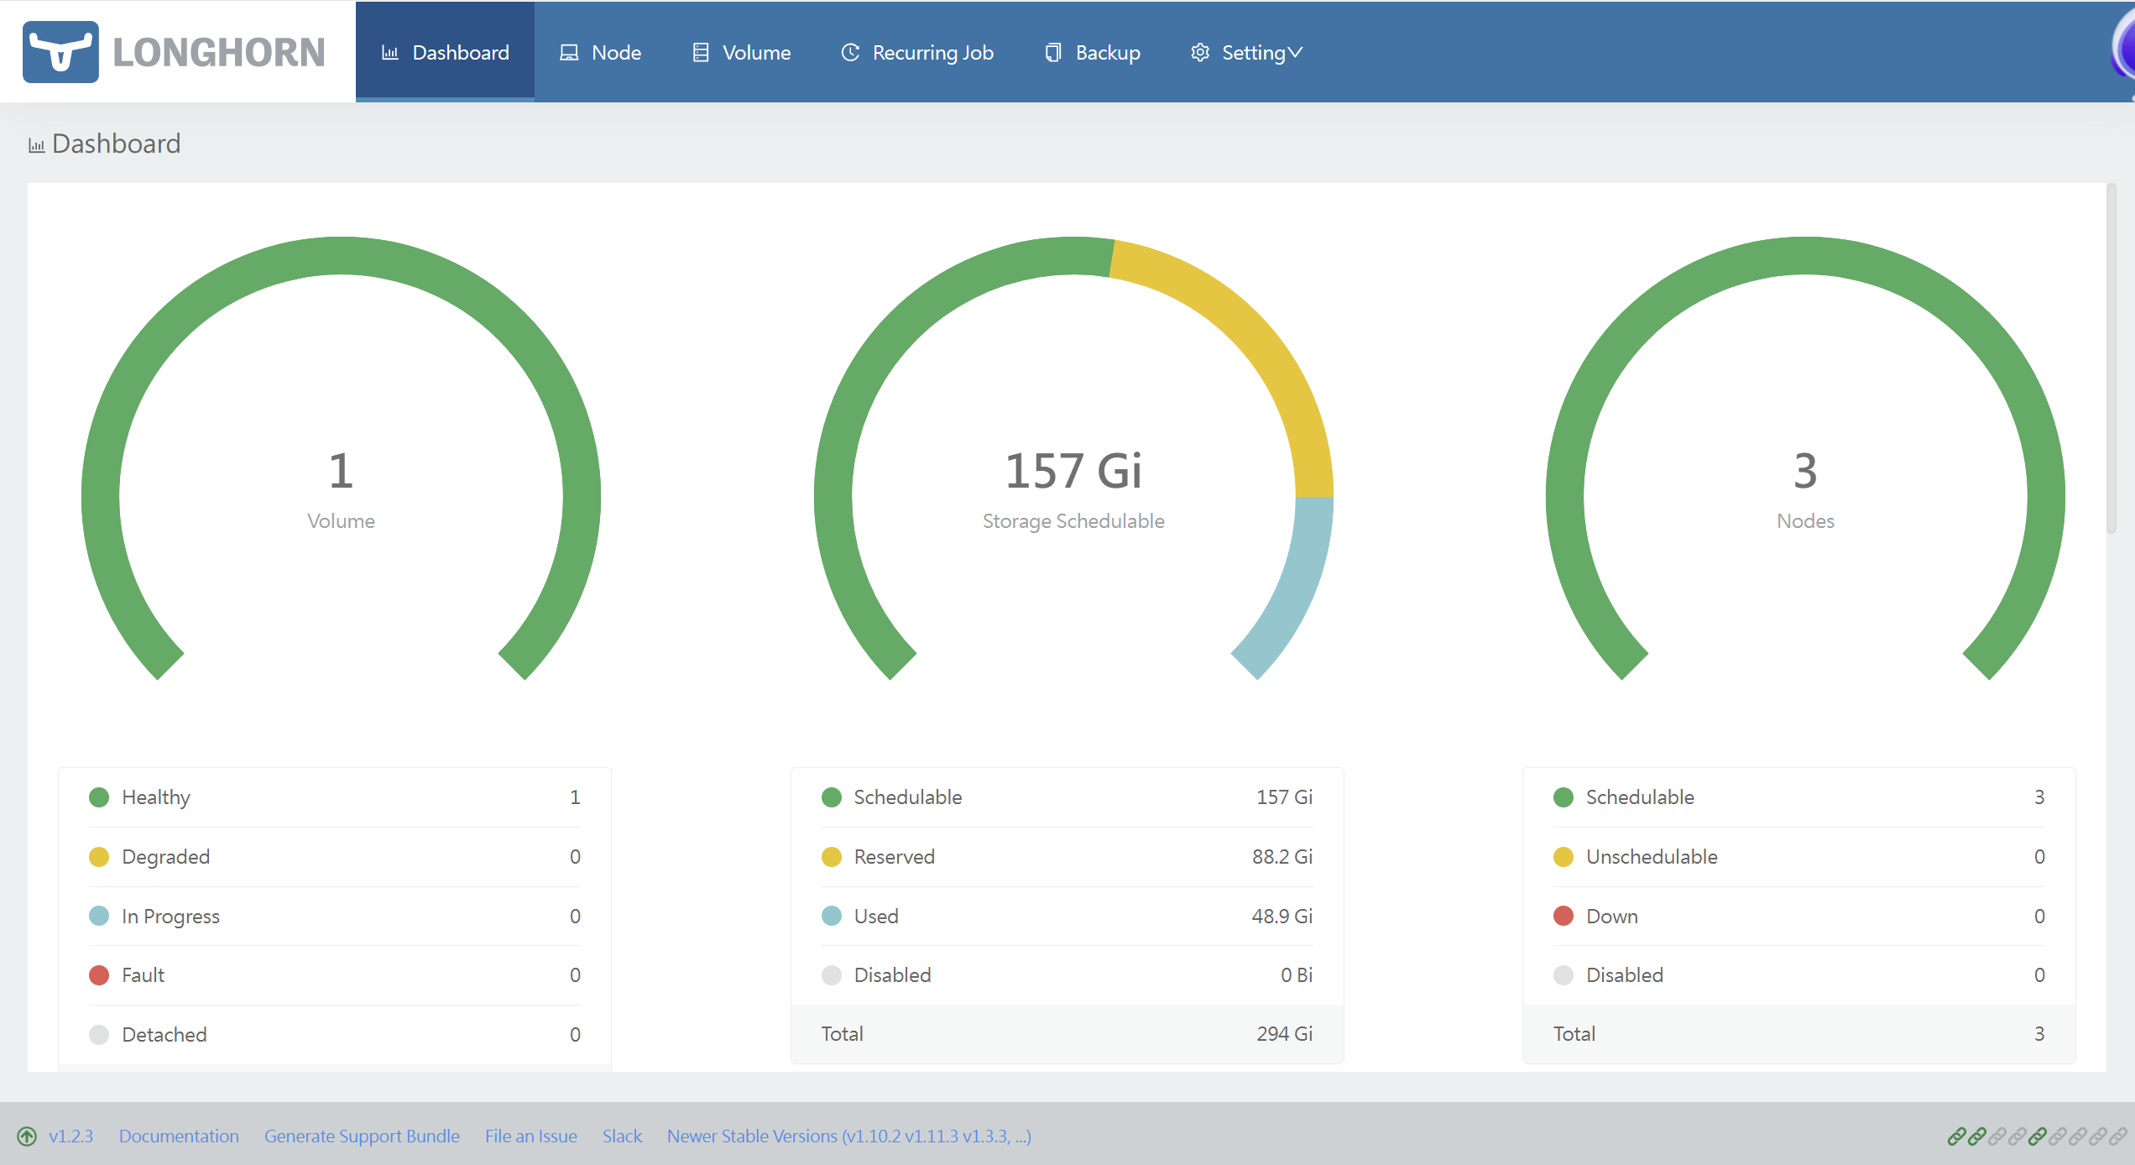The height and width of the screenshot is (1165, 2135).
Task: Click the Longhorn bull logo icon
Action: (x=60, y=52)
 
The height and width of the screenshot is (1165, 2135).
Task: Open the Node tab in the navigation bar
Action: (x=600, y=52)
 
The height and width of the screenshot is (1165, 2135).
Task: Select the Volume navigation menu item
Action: (x=741, y=52)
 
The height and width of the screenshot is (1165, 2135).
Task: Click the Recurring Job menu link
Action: (x=917, y=52)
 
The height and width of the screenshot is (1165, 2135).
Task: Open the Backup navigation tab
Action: (x=1092, y=52)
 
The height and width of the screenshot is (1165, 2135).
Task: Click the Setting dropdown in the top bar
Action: (x=1246, y=52)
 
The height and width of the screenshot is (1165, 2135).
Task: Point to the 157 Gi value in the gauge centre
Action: (x=1073, y=470)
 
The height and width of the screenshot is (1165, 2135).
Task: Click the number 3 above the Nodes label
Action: (x=1805, y=470)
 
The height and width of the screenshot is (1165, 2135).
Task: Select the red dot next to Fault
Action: (x=99, y=975)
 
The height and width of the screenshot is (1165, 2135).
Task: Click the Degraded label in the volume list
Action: (x=166, y=857)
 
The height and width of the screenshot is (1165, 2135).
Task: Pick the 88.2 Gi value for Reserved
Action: (x=1282, y=857)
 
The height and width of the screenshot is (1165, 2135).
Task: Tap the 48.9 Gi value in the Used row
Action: (x=1282, y=917)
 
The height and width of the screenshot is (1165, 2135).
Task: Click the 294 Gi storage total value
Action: (x=1285, y=1034)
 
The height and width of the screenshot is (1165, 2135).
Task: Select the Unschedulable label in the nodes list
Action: (x=1652, y=857)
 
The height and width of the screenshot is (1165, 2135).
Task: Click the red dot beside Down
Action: (x=1563, y=916)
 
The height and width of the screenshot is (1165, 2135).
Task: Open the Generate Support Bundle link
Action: (x=362, y=1136)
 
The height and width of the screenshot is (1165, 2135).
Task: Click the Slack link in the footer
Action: (x=622, y=1136)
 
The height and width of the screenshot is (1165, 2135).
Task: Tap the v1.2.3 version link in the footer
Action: (x=70, y=1136)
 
